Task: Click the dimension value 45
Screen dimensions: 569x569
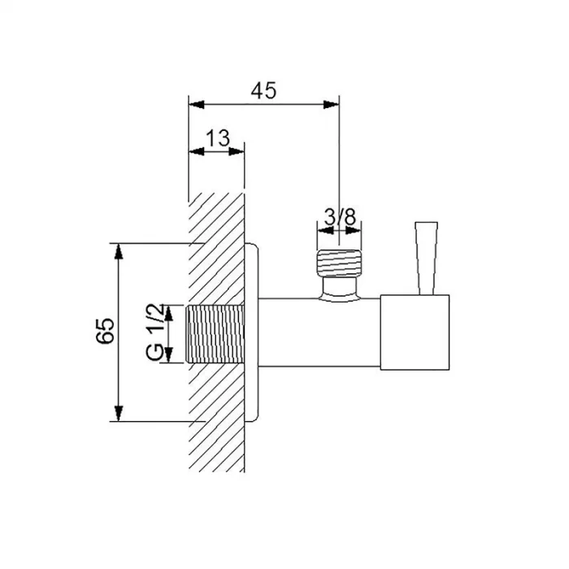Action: click(x=263, y=91)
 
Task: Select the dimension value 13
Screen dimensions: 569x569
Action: click(x=218, y=138)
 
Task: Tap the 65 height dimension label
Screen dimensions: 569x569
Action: click(x=105, y=331)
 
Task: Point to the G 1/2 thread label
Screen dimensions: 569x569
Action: click(x=155, y=332)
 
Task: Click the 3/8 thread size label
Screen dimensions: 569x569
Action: click(x=340, y=217)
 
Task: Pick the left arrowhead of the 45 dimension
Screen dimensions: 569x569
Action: click(x=197, y=105)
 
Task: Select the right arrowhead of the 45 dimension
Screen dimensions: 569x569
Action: click(x=331, y=105)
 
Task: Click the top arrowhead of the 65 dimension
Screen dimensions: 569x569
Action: click(x=119, y=251)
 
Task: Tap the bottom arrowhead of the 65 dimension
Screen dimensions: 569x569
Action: click(x=119, y=414)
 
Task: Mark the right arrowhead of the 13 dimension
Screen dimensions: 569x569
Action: click(x=237, y=152)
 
